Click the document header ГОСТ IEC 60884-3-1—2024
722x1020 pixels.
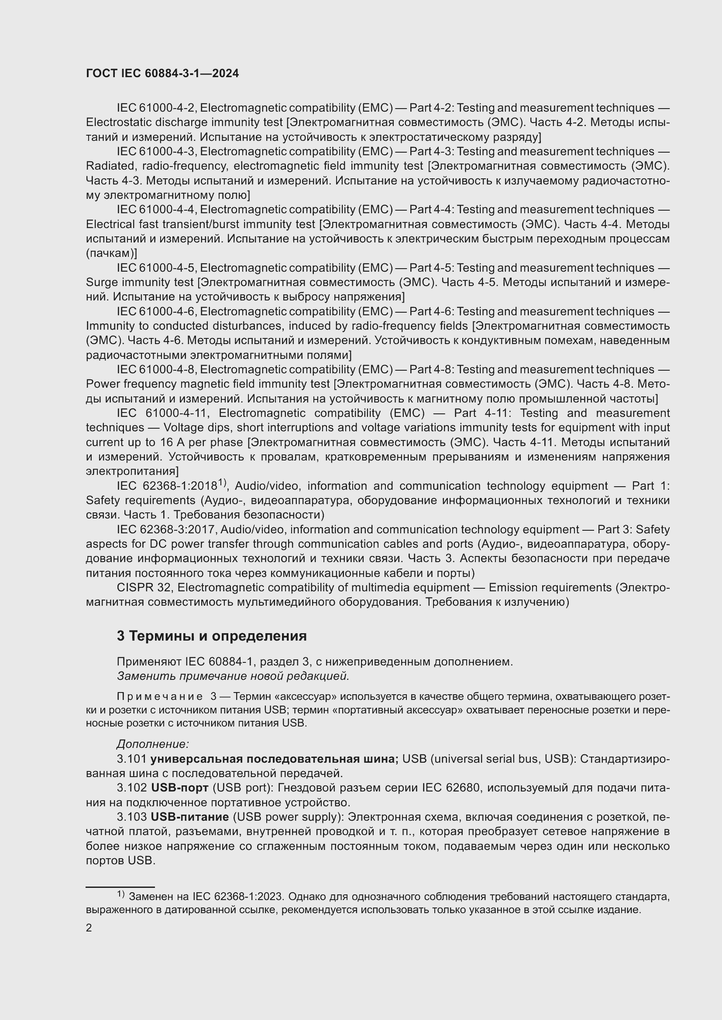162,73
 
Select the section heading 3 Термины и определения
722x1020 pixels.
212,636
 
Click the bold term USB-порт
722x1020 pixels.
179,788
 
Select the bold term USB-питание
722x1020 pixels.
190,817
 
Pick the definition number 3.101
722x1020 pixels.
131,759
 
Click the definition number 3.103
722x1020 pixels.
131,817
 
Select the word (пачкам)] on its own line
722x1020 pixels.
111,253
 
